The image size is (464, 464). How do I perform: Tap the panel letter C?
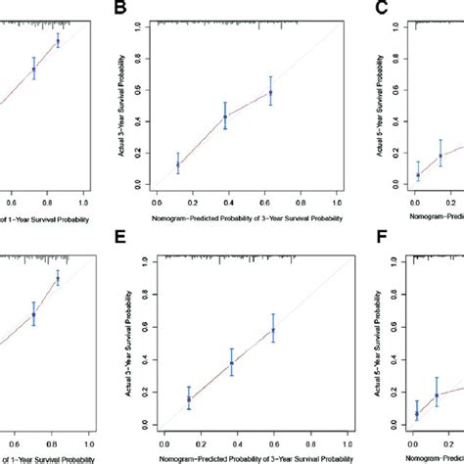383,9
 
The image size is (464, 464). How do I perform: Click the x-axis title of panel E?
252,453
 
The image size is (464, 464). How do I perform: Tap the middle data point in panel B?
225,116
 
